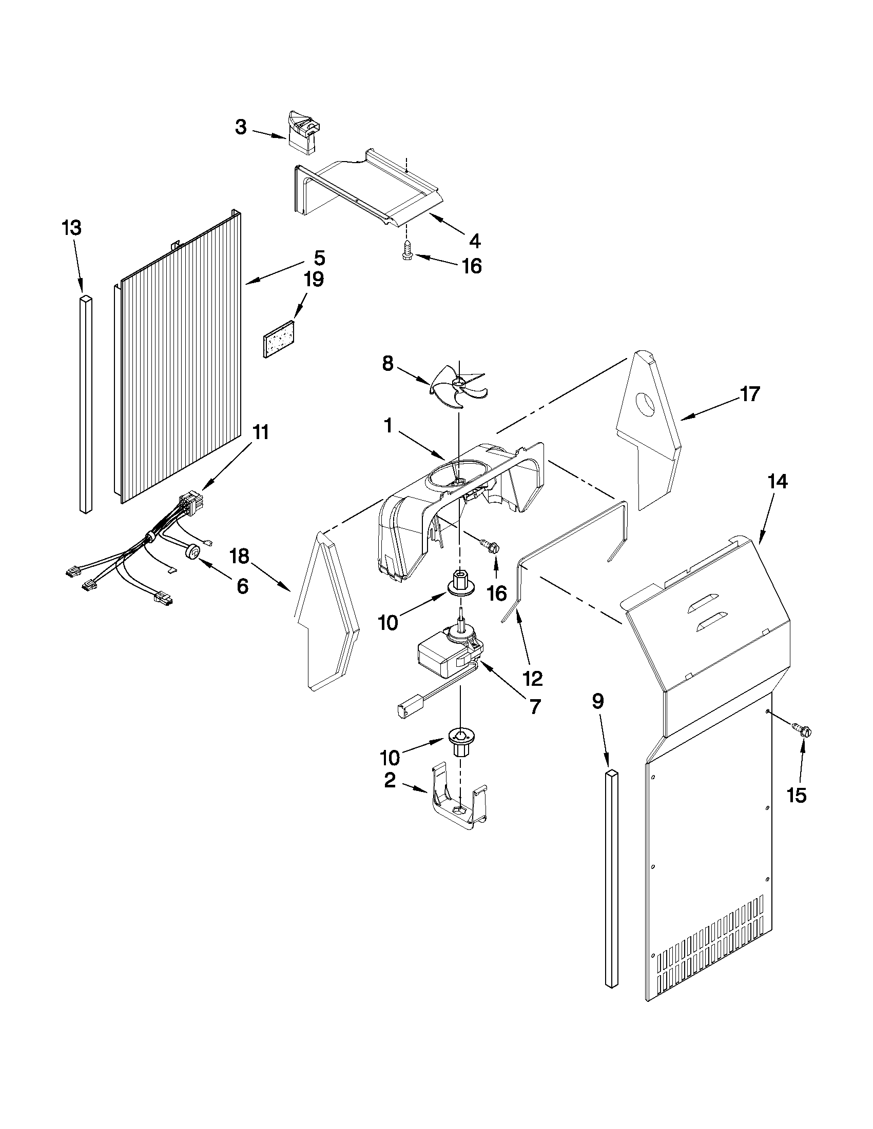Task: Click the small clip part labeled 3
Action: (x=304, y=133)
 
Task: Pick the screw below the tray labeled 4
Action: (x=406, y=252)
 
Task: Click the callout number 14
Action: (x=778, y=482)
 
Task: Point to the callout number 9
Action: (x=597, y=701)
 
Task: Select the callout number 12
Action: (x=533, y=678)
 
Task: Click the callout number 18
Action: (x=240, y=557)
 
